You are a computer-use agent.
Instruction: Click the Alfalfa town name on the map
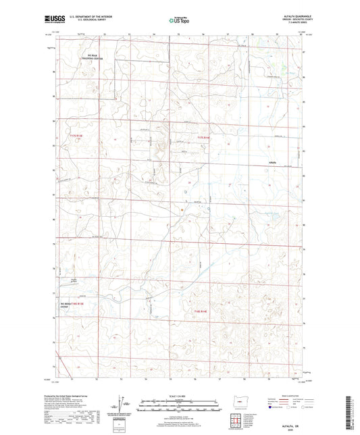(273, 163)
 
